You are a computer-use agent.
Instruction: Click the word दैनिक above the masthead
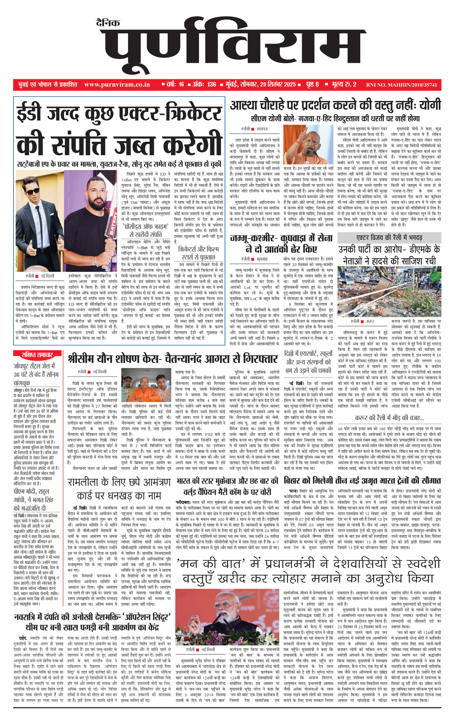[x=108, y=23]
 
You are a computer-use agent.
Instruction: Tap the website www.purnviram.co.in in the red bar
[x=117, y=85]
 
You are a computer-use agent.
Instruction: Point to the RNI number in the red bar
[x=401, y=85]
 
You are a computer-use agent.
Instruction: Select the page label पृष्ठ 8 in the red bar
[x=312, y=85]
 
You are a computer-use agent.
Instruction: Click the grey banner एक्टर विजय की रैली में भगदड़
[x=389, y=238]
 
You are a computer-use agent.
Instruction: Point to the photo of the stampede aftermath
[x=389, y=291]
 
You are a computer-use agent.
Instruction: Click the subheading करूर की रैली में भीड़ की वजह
[x=389, y=418]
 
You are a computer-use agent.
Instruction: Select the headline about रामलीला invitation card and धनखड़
[x=119, y=489]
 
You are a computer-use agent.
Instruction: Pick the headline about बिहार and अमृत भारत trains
[x=362, y=481]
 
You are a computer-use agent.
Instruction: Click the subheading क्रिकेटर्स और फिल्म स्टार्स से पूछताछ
[x=198, y=253]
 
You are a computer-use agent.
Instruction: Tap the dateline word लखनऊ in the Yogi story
[x=262, y=129]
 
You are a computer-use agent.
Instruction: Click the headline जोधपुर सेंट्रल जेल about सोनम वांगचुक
[x=36, y=374]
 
